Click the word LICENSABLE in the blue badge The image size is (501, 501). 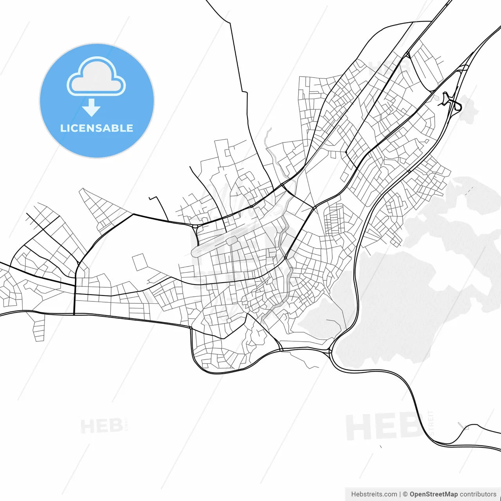(97, 128)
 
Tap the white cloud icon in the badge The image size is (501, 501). (96, 77)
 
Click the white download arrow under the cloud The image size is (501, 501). (91, 108)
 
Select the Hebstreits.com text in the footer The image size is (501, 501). (374, 494)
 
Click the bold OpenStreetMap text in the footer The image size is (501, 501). (433, 494)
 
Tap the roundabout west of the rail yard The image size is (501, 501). (195, 226)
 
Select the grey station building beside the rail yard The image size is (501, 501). (231, 240)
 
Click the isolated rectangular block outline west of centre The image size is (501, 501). (140, 262)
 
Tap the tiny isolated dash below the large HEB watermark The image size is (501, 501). (380, 446)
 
